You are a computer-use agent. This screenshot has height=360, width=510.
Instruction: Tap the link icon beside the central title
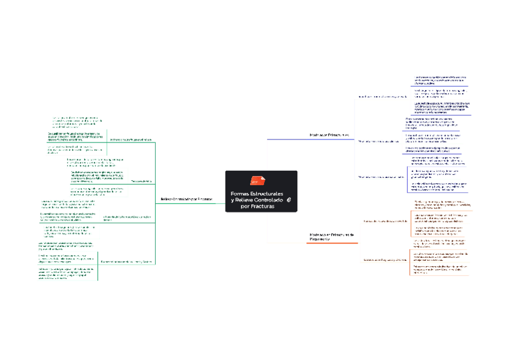point(289,200)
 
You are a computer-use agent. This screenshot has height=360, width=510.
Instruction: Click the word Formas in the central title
point(241,193)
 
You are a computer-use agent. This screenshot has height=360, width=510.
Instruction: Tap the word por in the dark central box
point(245,206)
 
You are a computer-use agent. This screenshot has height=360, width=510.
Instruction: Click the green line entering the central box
point(217,203)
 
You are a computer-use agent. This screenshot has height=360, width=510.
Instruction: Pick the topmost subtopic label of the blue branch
point(382,96)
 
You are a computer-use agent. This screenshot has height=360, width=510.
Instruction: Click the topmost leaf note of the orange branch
point(439,204)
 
